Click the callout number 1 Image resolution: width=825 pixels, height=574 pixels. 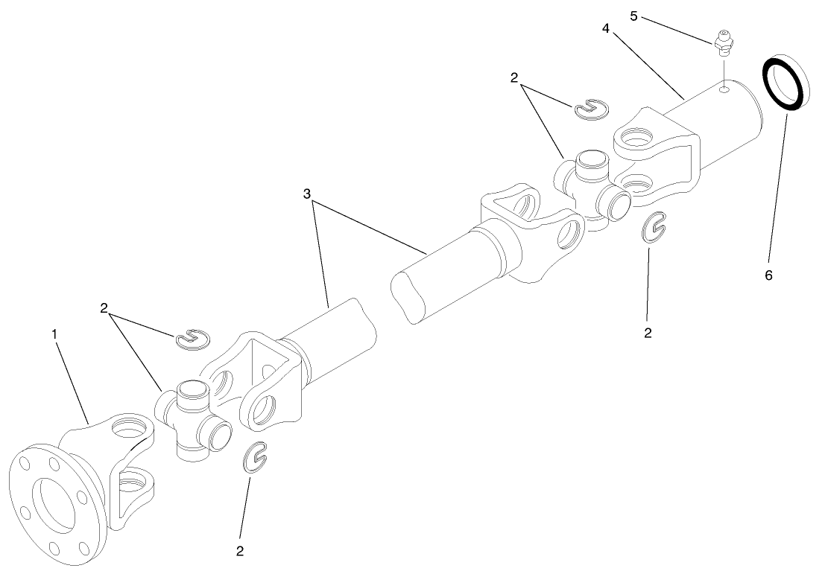pyautogui.click(x=54, y=334)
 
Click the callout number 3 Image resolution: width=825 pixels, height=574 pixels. pyautogui.click(x=307, y=193)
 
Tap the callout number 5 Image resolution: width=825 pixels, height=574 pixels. pyautogui.click(x=633, y=15)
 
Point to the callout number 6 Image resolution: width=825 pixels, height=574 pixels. pyautogui.click(x=768, y=275)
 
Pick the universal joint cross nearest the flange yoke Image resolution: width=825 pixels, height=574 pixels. pyautogui.click(x=192, y=419)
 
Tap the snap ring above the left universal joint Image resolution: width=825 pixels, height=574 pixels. pyautogui.click(x=193, y=339)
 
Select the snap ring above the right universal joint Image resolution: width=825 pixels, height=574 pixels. pyautogui.click(x=591, y=109)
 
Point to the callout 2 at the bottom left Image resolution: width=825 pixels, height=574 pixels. pyautogui.click(x=240, y=552)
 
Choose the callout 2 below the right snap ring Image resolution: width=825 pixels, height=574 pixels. pyautogui.click(x=648, y=333)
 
